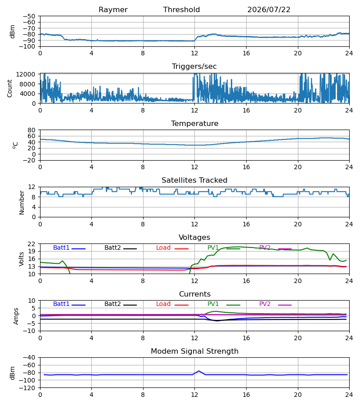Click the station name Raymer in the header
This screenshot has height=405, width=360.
coord(113,10)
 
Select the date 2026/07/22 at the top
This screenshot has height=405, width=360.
coord(269,10)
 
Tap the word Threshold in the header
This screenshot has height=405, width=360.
coord(181,10)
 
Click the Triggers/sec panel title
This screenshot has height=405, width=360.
coord(194,67)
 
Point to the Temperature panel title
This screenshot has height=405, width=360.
coord(195,123)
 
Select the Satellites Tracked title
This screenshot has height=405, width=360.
coord(194,180)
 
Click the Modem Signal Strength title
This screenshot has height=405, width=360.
coord(195,351)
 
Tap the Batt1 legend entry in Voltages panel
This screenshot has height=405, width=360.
coord(69,248)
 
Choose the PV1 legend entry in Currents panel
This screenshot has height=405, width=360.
coord(224,304)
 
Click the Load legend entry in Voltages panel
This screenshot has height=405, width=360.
coord(172,248)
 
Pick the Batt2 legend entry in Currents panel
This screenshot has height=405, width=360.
coord(121,304)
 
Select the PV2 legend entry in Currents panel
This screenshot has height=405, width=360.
coord(275,304)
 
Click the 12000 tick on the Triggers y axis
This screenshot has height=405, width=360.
coord(26,74)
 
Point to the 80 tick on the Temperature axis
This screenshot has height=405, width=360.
coord(31,130)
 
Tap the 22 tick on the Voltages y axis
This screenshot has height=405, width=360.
coord(31,244)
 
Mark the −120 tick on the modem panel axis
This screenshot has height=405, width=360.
coord(29,388)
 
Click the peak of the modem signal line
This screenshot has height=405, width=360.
coord(199,371)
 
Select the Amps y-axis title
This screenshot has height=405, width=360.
coord(16,316)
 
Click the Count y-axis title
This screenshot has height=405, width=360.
coord(10,88)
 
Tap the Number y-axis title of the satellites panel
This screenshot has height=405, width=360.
coord(22,202)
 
